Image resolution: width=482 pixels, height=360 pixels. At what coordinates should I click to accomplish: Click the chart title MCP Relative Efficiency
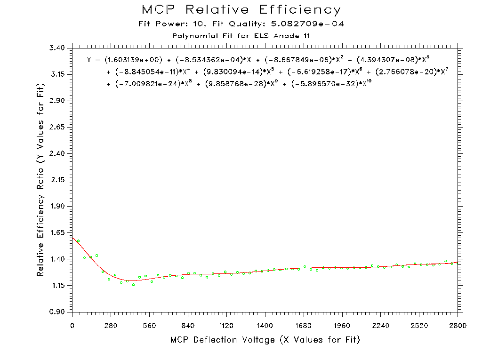241,10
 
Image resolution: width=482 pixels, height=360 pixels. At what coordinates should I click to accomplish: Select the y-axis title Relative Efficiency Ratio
41,180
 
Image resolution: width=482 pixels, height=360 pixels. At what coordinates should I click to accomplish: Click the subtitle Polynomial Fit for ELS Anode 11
241,36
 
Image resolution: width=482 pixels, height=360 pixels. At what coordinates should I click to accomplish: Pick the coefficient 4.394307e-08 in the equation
388,60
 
